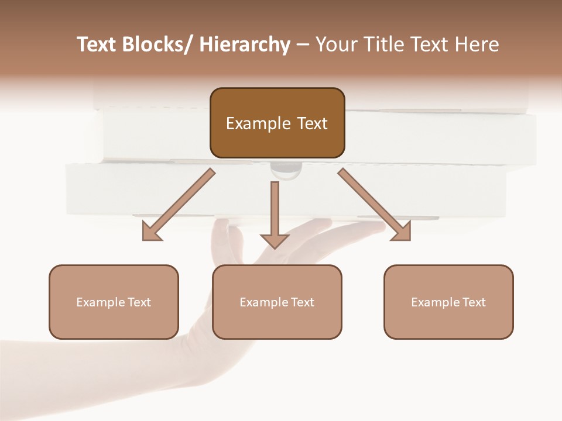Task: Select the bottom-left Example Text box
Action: coord(114,302)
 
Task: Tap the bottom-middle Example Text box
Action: coord(277,302)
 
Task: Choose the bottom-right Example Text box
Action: coord(448,302)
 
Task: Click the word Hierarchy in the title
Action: coord(244,44)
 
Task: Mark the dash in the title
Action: coord(303,46)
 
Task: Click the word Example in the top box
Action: coord(258,123)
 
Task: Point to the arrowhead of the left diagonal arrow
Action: coord(150,232)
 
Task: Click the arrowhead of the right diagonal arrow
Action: coord(402,232)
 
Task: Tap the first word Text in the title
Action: coord(96,44)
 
